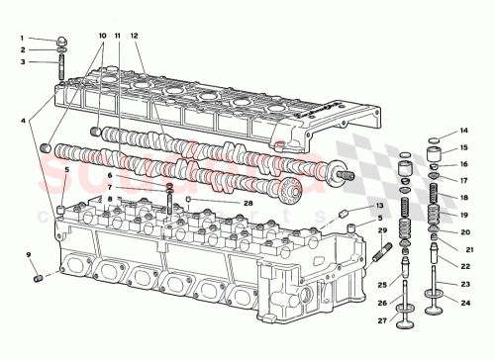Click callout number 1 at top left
pos(22,39)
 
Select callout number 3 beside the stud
pos(22,61)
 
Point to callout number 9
pos(30,255)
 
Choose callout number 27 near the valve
pos(379,320)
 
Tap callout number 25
pos(379,284)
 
